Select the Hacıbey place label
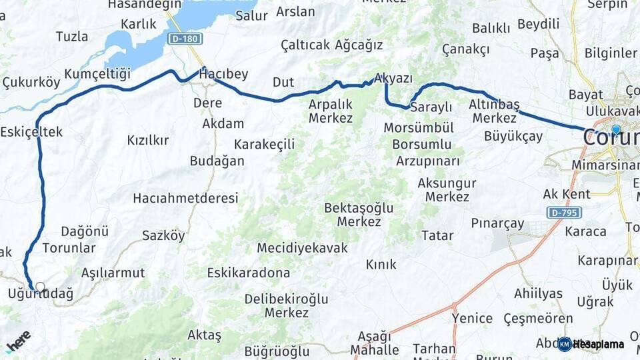click(223, 74)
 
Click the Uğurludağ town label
click(41, 293)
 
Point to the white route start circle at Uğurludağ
click(40, 287)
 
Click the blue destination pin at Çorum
click(616, 130)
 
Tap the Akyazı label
click(393, 78)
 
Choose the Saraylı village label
click(431, 107)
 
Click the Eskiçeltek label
click(32, 132)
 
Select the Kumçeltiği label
click(97, 73)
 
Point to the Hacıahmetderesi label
click(185, 198)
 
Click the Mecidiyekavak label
click(303, 248)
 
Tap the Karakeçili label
click(264, 144)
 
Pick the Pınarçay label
click(497, 223)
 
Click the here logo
click(18, 341)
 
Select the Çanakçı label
click(465, 49)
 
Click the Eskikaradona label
click(249, 273)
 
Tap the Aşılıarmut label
click(113, 273)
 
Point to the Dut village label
click(283, 82)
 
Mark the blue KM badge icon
click(565, 344)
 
